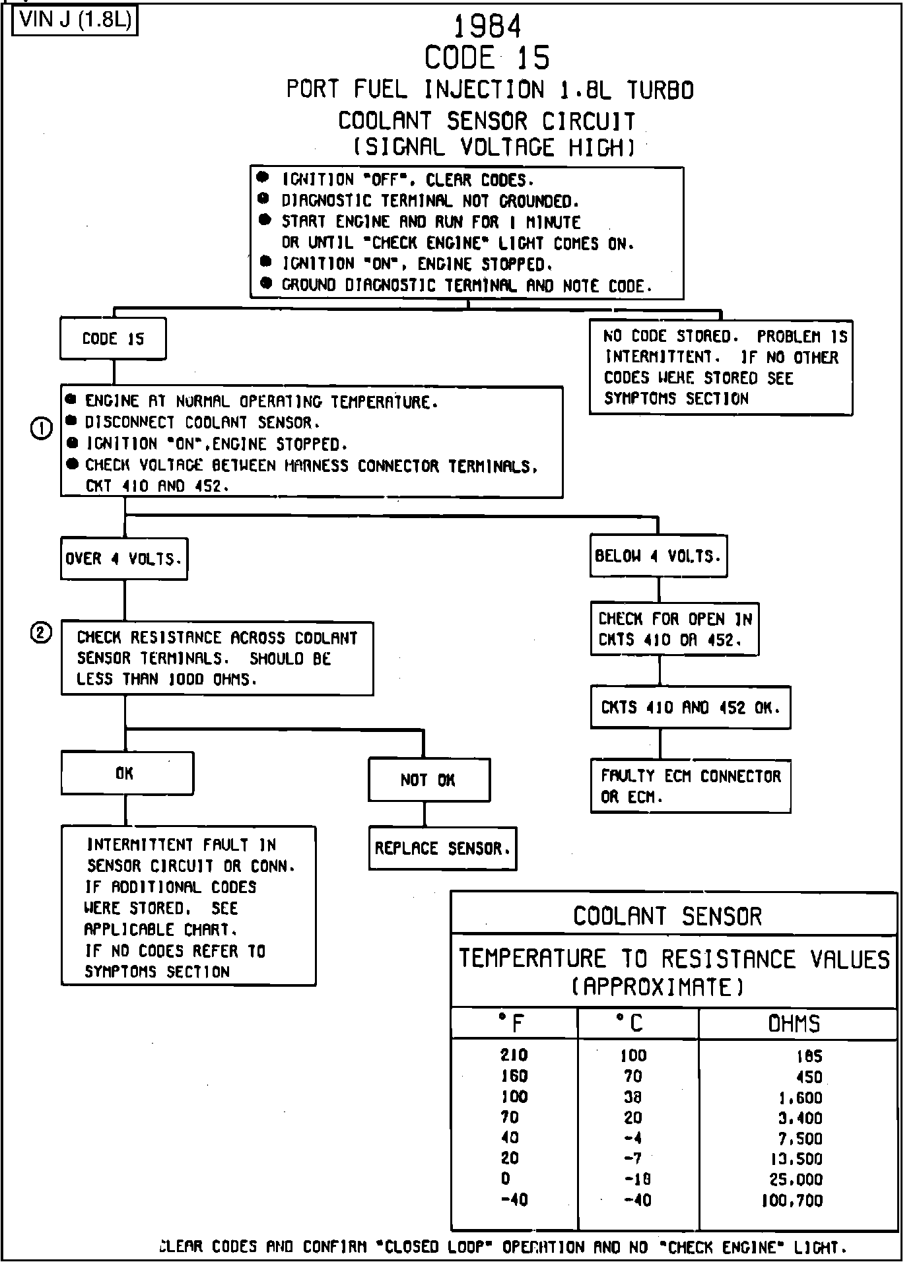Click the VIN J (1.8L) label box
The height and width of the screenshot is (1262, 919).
[x=75, y=20]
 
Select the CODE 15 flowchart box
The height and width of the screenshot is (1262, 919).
[x=113, y=339]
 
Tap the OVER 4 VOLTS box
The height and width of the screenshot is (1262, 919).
[x=124, y=559]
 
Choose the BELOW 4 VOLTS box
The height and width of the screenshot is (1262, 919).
[x=658, y=556]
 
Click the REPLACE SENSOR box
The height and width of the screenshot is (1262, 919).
[x=442, y=848]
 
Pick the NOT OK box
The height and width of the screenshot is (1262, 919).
[x=428, y=780]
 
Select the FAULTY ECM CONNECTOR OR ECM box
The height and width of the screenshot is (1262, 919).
[x=690, y=786]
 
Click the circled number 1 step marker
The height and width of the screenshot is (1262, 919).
[x=41, y=429]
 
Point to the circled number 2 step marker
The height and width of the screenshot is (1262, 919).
[x=41, y=633]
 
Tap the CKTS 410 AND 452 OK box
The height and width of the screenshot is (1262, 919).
[x=690, y=708]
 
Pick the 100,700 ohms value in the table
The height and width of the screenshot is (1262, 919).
[x=792, y=1200]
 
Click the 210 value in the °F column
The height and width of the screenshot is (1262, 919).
[x=514, y=1055]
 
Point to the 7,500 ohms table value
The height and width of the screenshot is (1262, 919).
[x=800, y=1139]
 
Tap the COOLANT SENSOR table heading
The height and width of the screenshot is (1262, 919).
[x=667, y=916]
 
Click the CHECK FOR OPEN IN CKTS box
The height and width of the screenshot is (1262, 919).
[x=674, y=629]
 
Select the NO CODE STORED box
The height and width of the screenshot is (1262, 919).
[x=720, y=367]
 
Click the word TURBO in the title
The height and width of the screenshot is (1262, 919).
[x=660, y=90]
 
